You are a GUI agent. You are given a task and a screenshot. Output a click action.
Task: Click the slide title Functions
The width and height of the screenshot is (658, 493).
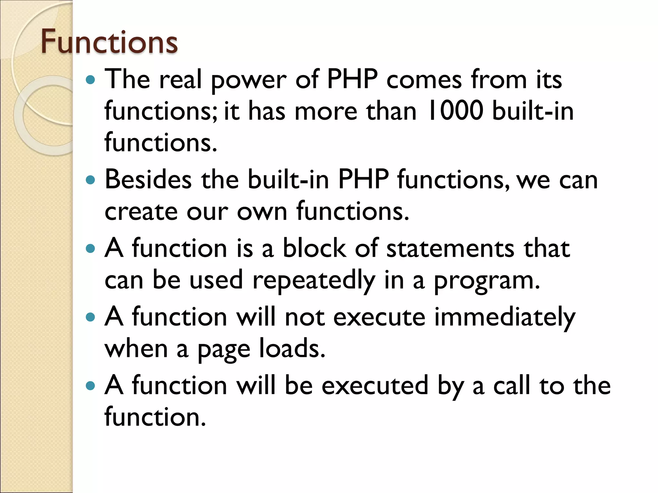[x=109, y=42]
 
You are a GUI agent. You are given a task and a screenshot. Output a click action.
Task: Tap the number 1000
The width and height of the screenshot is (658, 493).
[x=456, y=111]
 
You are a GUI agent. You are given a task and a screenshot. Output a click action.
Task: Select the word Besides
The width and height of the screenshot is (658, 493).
[x=148, y=180]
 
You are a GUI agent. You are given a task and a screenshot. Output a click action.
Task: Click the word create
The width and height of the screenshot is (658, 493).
[x=141, y=212]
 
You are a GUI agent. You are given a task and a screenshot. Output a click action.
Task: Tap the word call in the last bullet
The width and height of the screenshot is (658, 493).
[x=511, y=385]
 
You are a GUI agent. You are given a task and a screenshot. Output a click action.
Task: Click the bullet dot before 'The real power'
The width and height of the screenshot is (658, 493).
[x=91, y=80]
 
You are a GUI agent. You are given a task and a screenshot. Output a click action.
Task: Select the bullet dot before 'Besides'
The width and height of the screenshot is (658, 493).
[x=91, y=180]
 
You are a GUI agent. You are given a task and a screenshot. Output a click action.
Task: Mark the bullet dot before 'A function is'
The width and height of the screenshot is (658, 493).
[x=91, y=248]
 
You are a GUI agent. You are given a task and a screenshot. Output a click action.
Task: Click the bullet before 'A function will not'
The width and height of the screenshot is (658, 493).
[x=91, y=317]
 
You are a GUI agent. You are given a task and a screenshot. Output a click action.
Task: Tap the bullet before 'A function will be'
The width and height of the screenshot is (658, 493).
[x=91, y=385]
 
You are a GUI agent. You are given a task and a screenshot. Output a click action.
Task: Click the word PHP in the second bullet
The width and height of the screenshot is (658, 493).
[x=363, y=180]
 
